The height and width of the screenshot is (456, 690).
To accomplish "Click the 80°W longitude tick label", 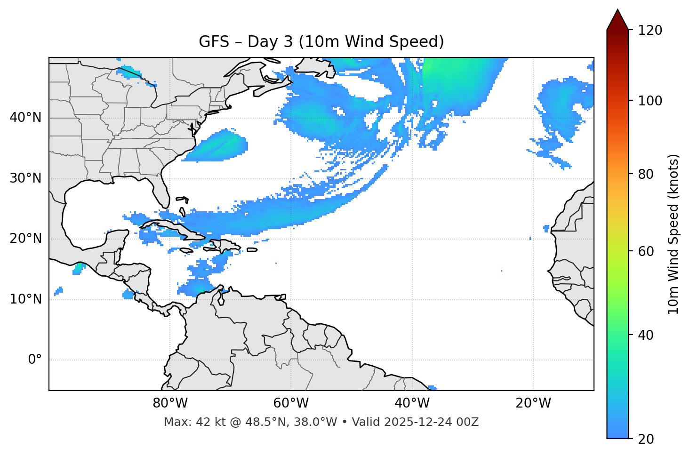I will click(x=170, y=403).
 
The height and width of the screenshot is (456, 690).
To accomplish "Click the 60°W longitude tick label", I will click(x=291, y=403).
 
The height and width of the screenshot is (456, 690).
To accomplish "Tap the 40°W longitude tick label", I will click(x=412, y=403).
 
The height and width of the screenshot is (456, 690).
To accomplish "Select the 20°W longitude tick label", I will click(x=533, y=403).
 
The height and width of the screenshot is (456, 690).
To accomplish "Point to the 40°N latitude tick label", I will click(x=25, y=118).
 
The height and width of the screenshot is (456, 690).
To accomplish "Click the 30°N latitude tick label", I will click(x=25, y=178).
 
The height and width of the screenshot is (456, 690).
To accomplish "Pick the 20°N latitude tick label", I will click(x=25, y=239).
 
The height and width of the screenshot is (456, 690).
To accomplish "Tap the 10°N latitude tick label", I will click(x=25, y=299).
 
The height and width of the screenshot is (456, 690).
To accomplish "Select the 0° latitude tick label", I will click(x=35, y=360).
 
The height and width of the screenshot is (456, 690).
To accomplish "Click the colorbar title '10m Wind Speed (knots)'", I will click(x=674, y=234).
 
